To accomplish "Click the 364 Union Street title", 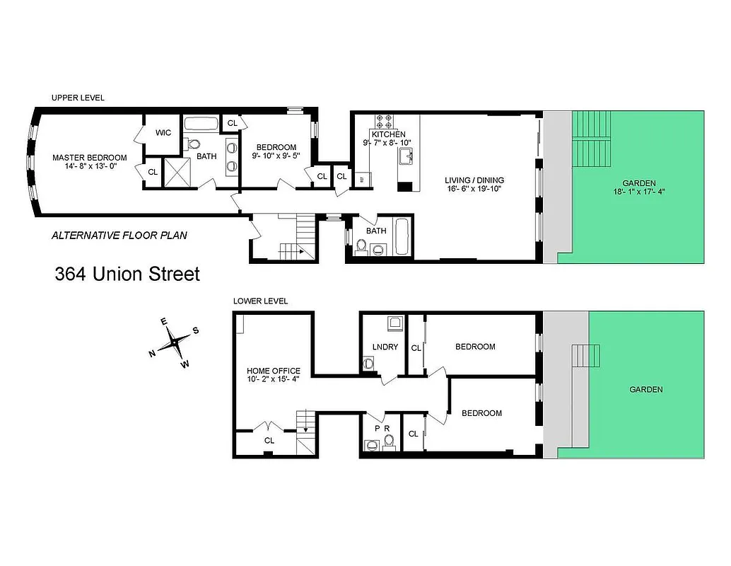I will (127, 274).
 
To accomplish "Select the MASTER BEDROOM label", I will (89, 157).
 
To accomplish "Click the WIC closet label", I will (163, 132).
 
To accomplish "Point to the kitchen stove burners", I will (387, 120).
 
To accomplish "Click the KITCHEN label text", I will (389, 134).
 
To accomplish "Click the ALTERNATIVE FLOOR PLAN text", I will (119, 236).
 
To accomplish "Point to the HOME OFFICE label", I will (273, 371).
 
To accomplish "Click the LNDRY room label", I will (385, 347).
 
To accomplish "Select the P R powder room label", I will (382, 429).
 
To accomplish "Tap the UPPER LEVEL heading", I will (78, 98).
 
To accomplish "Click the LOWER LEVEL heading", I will (260, 301).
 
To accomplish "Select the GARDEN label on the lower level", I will (646, 389).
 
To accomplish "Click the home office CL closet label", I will (269, 440).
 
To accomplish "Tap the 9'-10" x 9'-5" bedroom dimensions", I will (276, 157).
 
